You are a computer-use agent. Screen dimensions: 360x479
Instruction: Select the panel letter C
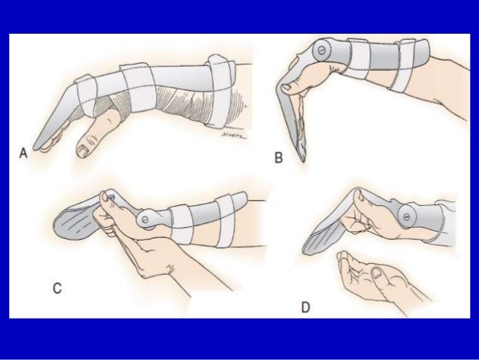pyautogui.click(x=58, y=286)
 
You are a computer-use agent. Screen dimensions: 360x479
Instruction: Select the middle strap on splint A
pyautogui.click(x=138, y=84)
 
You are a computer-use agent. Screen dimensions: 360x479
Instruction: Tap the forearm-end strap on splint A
pyautogui.click(x=219, y=78)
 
